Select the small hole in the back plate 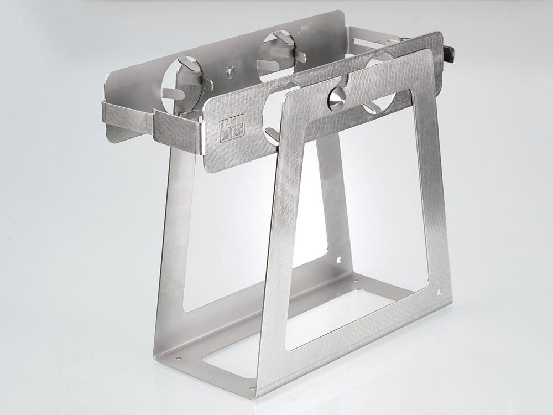click(231, 72)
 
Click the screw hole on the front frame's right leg click(439, 292)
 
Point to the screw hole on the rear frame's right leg click(340, 261)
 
